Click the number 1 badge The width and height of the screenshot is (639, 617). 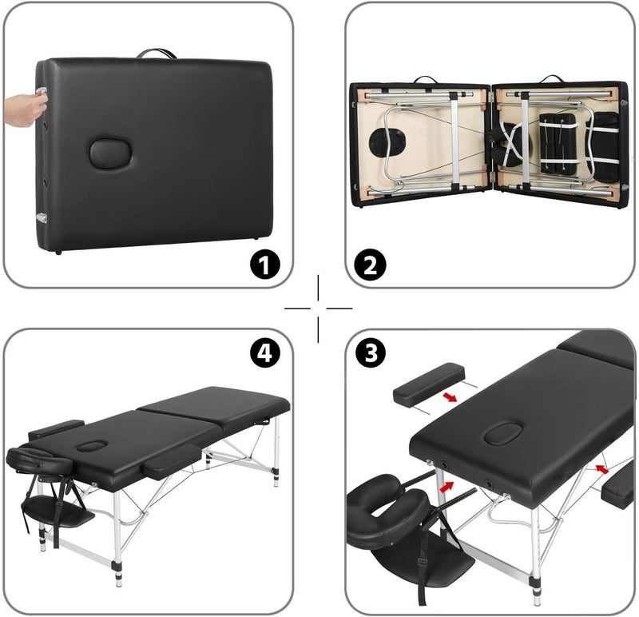pos(265,265)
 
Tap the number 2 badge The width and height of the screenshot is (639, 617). pos(371,265)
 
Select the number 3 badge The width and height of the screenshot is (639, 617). pos(371,352)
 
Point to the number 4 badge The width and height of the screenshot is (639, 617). pos(265,352)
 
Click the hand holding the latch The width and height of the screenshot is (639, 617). pos(26,109)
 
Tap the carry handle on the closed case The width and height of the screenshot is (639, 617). pos(157,54)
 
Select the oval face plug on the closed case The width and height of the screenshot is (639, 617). pos(110,153)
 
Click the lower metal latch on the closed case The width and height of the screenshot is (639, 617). pos(42,217)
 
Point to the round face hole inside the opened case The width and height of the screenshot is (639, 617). pos(387,143)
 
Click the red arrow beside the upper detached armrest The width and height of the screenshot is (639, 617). pos(450,396)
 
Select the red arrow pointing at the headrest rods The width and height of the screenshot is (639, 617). pos(447,487)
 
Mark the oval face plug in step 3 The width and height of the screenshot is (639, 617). pos(504,433)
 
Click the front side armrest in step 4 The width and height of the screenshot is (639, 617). pos(173,461)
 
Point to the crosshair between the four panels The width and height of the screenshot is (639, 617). pos(318,308)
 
